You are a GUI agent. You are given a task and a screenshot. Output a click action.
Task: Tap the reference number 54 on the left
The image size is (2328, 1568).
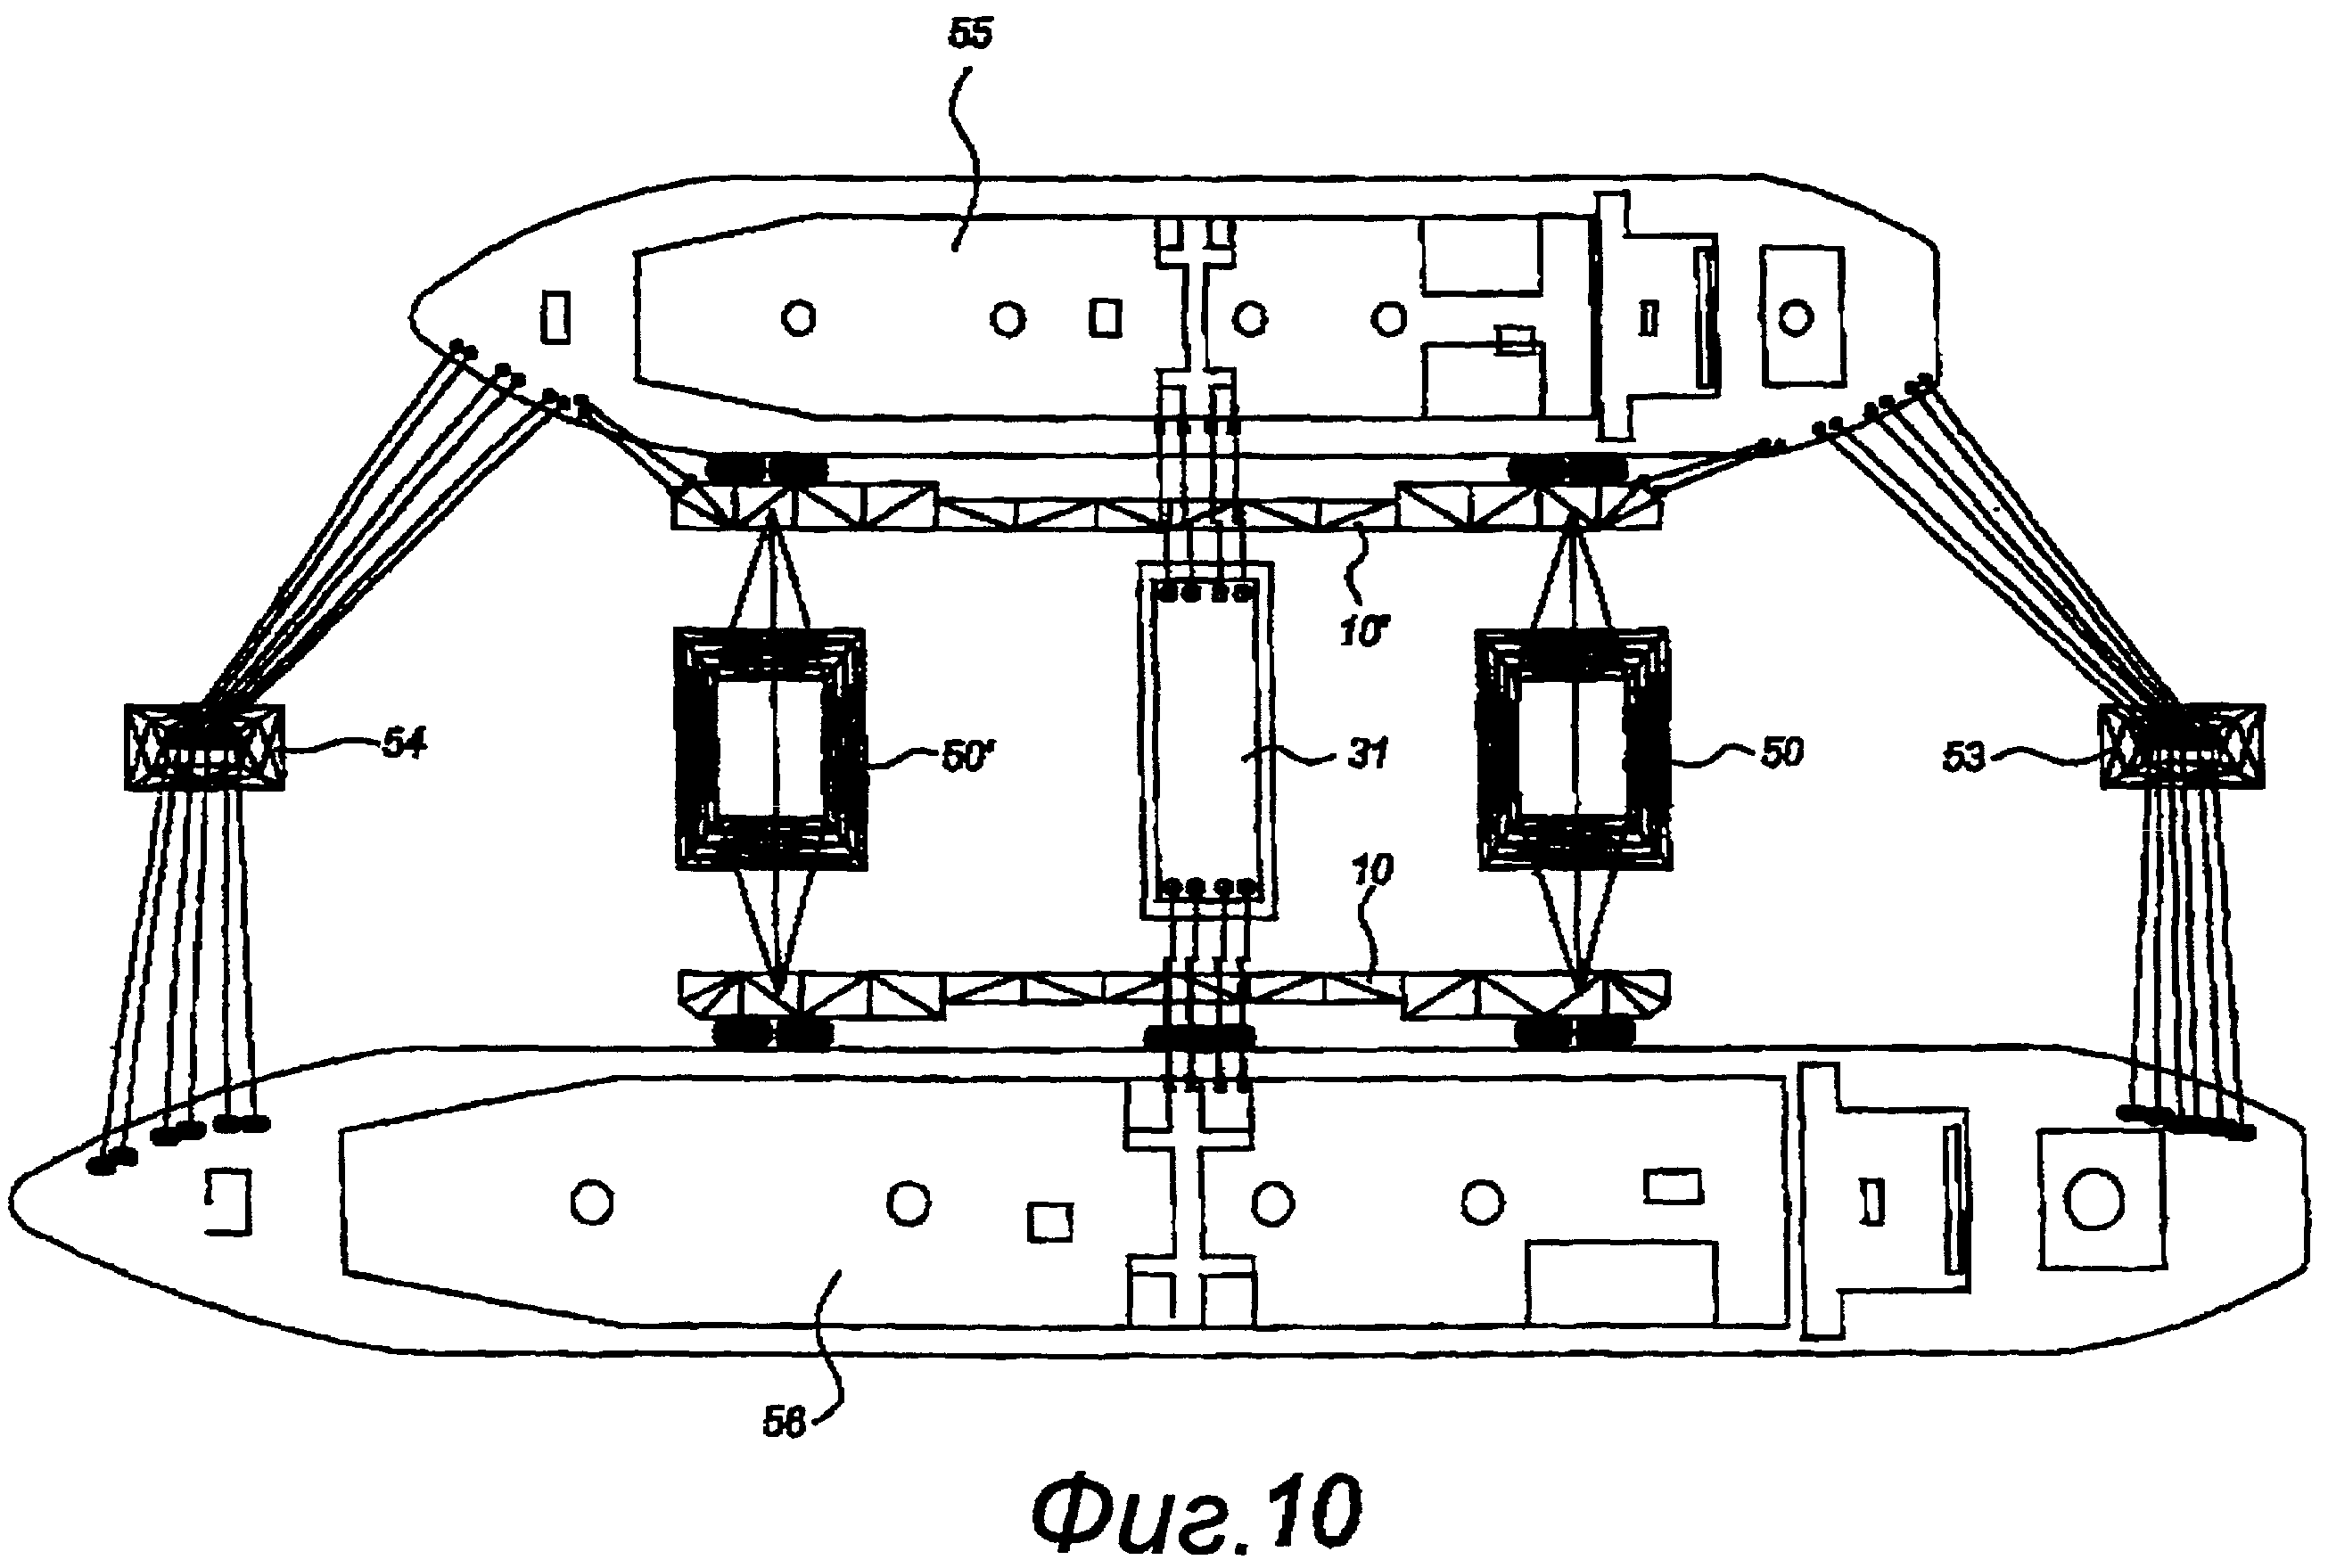(x=404, y=743)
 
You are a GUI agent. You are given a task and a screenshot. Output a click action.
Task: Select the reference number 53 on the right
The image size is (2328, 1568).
(x=1962, y=757)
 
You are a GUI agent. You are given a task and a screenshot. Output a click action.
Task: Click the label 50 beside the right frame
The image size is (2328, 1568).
(x=1781, y=752)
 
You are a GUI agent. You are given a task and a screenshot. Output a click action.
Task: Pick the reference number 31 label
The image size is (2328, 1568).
(x=1367, y=753)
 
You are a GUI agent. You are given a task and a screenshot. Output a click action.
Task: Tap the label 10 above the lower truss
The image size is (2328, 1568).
(x=1371, y=870)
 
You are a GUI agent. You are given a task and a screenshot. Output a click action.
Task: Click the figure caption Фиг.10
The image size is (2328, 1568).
(x=1196, y=1513)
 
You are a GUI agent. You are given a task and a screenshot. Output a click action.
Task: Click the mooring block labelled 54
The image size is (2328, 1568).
(x=204, y=747)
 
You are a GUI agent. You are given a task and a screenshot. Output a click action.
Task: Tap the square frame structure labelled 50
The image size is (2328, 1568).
(x=1573, y=749)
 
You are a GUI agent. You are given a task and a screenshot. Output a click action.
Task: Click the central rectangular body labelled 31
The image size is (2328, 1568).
(x=1206, y=740)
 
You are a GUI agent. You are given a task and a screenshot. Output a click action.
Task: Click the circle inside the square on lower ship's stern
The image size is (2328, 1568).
(x=2093, y=1200)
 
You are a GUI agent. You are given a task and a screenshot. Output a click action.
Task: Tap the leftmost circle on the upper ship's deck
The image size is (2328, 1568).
(x=798, y=319)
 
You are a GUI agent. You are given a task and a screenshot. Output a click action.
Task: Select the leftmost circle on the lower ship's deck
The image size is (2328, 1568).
(x=591, y=1202)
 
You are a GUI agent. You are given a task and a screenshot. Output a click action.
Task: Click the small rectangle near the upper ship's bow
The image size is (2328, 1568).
(x=555, y=317)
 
